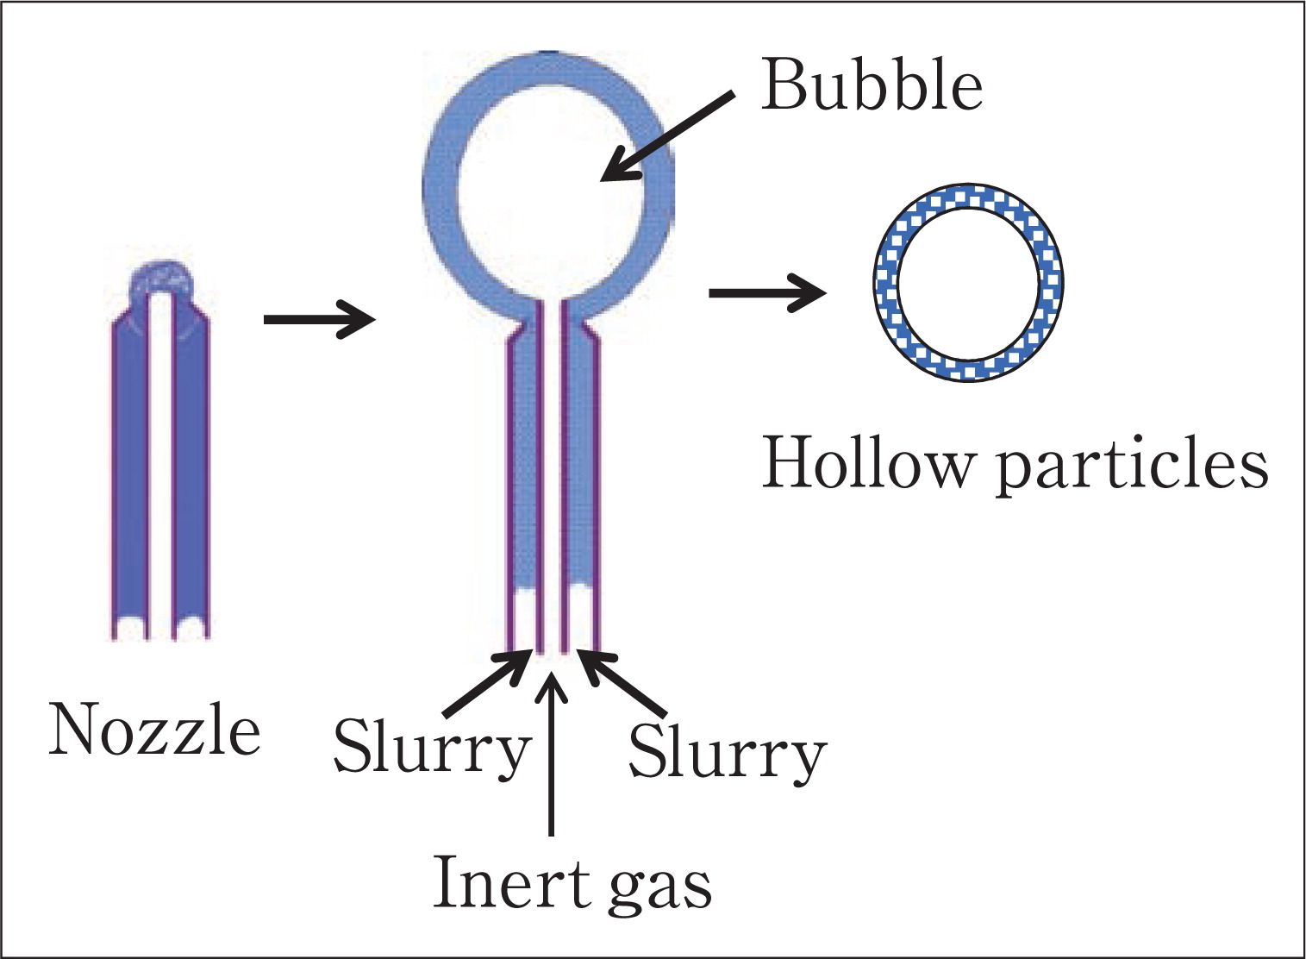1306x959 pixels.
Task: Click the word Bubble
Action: click(872, 85)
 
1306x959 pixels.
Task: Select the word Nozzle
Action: click(154, 729)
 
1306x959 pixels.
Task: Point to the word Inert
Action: click(513, 883)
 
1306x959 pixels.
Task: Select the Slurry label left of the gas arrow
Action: click(432, 749)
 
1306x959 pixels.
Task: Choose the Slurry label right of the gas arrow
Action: click(728, 752)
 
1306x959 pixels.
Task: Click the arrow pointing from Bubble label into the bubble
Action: click(667, 136)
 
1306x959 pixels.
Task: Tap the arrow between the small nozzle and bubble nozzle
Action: click(320, 319)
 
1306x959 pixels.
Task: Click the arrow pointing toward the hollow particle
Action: click(767, 293)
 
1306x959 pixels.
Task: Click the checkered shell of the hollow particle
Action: click(968, 195)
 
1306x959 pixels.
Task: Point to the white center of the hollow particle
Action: click(968, 284)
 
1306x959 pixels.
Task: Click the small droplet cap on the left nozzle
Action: click(161, 279)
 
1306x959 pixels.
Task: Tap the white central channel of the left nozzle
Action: click(161, 467)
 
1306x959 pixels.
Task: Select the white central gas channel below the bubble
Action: click(552, 479)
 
